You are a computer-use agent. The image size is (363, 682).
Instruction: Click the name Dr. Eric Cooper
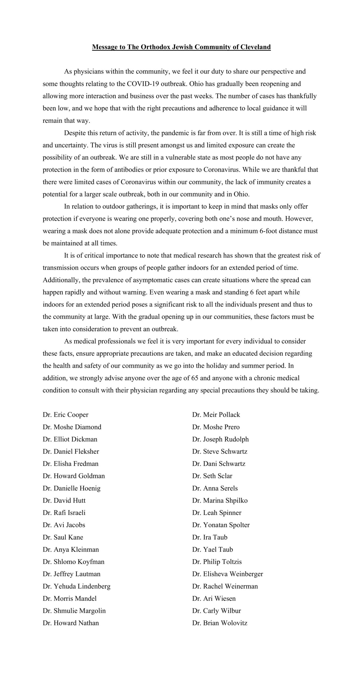[65, 415]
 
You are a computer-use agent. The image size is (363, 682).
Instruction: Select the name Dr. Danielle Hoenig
[72, 488]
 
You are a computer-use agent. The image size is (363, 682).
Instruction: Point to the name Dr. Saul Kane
[63, 537]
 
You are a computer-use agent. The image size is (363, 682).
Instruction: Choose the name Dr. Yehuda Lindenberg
[77, 586]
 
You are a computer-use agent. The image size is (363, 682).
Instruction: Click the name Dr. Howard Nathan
[71, 623]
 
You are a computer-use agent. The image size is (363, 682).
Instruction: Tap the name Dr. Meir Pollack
[216, 415]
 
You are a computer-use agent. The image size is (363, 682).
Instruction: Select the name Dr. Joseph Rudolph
[220, 439]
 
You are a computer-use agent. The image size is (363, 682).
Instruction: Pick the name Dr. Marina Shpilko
[220, 501]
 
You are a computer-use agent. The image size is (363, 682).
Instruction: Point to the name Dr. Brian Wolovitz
[220, 623]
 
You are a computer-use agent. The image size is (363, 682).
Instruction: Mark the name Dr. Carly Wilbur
[216, 611]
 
